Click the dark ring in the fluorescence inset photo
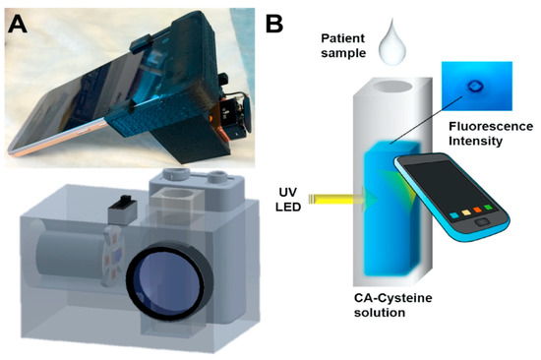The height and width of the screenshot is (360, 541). pyautogui.click(x=477, y=86)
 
